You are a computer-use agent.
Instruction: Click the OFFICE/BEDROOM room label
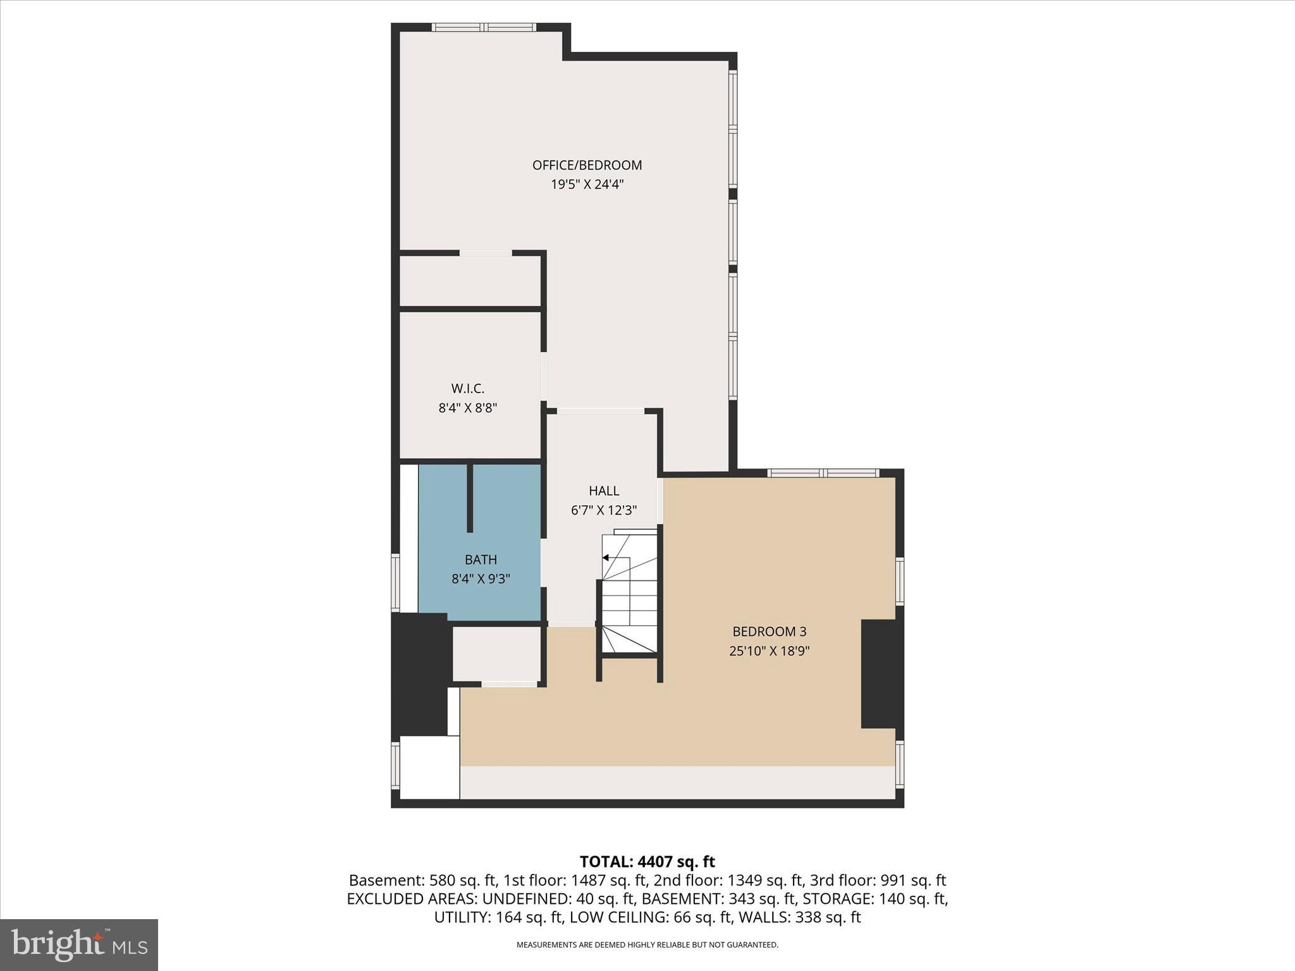[x=587, y=165]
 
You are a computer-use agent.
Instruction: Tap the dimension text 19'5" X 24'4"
[x=587, y=185]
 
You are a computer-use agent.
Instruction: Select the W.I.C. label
[x=467, y=389]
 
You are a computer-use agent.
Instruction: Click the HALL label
[x=603, y=491]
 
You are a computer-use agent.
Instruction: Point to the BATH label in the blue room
[x=481, y=559]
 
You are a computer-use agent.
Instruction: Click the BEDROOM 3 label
[x=769, y=631]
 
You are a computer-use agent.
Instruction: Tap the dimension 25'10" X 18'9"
[x=769, y=650]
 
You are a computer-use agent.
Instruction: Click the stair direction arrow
[x=606, y=558]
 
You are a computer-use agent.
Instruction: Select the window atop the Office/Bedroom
[x=484, y=27]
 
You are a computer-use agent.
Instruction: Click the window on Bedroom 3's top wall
[x=823, y=473]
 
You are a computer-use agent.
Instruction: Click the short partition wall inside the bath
[x=470, y=498]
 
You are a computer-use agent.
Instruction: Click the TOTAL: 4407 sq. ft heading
[x=647, y=861]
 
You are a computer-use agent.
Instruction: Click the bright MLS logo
[x=79, y=944]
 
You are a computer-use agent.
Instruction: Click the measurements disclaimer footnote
[x=647, y=945]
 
